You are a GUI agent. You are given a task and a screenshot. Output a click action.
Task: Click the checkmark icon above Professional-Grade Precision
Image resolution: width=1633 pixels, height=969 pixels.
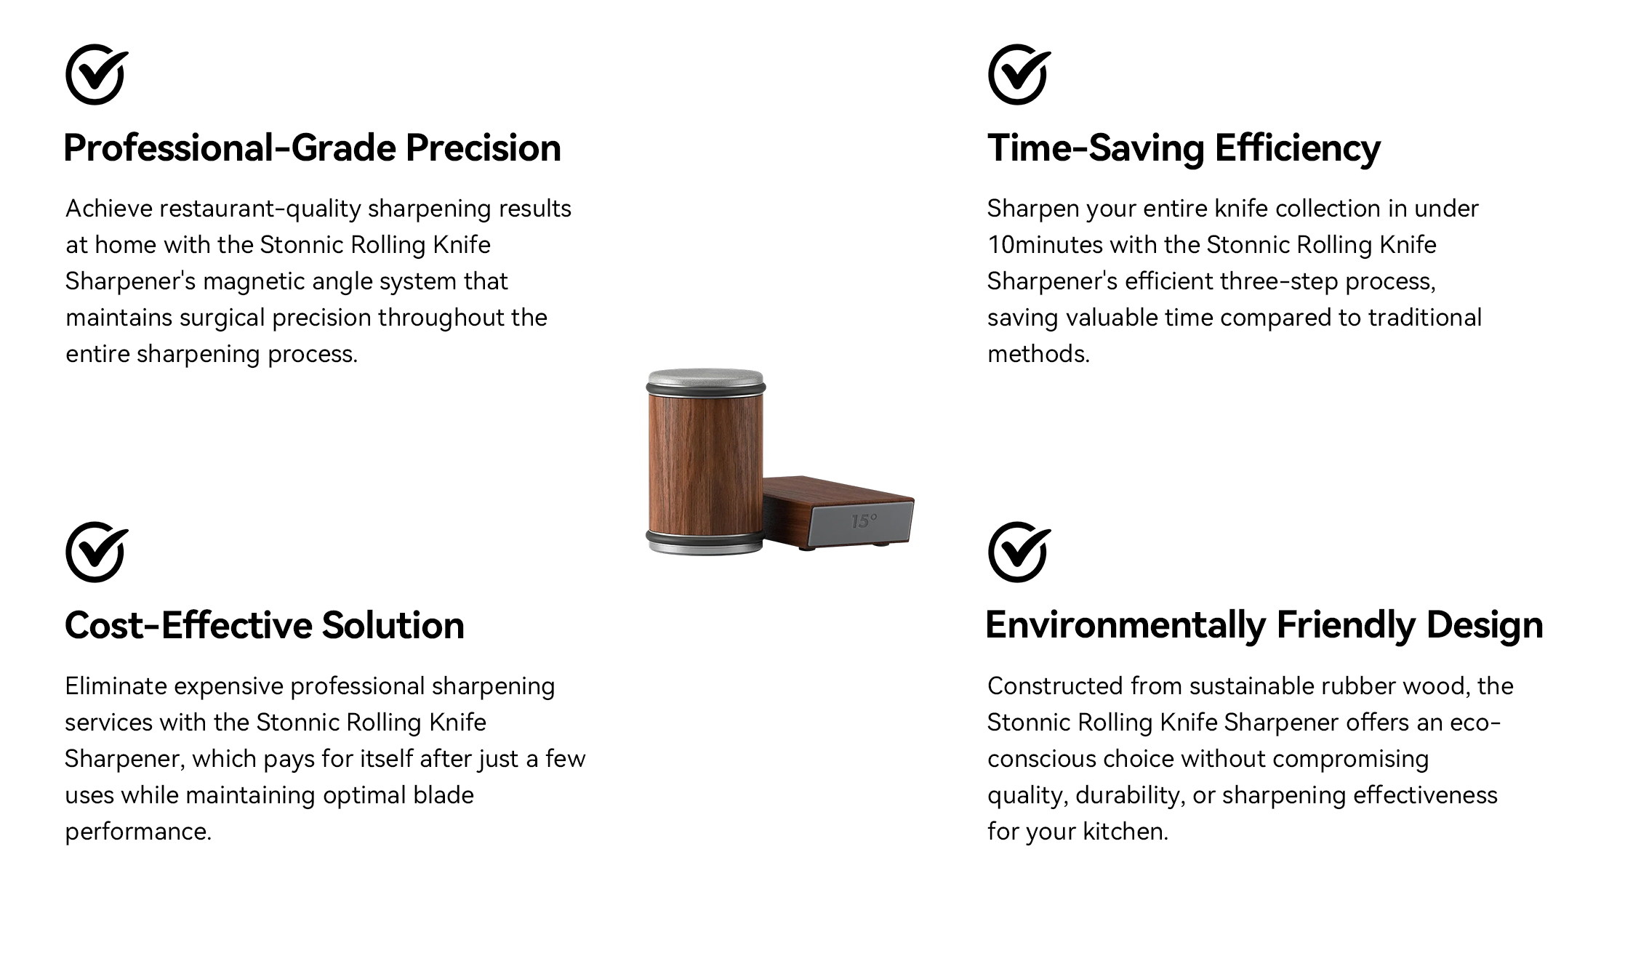coord(96,74)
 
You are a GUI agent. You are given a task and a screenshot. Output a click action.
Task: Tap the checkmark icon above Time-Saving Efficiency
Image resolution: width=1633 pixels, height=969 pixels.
coord(1019,74)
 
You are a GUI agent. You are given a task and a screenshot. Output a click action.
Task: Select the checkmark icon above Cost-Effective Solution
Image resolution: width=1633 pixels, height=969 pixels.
coord(96,552)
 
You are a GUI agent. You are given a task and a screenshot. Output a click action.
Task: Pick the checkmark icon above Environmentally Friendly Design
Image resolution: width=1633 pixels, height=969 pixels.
coord(1019,552)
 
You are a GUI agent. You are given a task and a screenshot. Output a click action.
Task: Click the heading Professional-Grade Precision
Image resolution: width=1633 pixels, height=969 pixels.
coord(313,148)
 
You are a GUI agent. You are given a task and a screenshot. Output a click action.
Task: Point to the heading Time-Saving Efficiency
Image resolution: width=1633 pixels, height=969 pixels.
coord(1184,149)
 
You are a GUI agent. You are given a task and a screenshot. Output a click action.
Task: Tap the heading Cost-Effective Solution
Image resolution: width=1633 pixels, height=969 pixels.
coord(265,625)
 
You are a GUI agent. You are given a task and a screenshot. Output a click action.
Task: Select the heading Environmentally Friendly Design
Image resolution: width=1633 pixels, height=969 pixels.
coord(1264,626)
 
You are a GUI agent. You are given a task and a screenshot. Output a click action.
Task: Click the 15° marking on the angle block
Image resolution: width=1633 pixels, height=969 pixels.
coord(864,521)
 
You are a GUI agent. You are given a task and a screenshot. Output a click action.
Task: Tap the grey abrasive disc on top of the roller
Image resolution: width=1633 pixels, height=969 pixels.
coord(705,379)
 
